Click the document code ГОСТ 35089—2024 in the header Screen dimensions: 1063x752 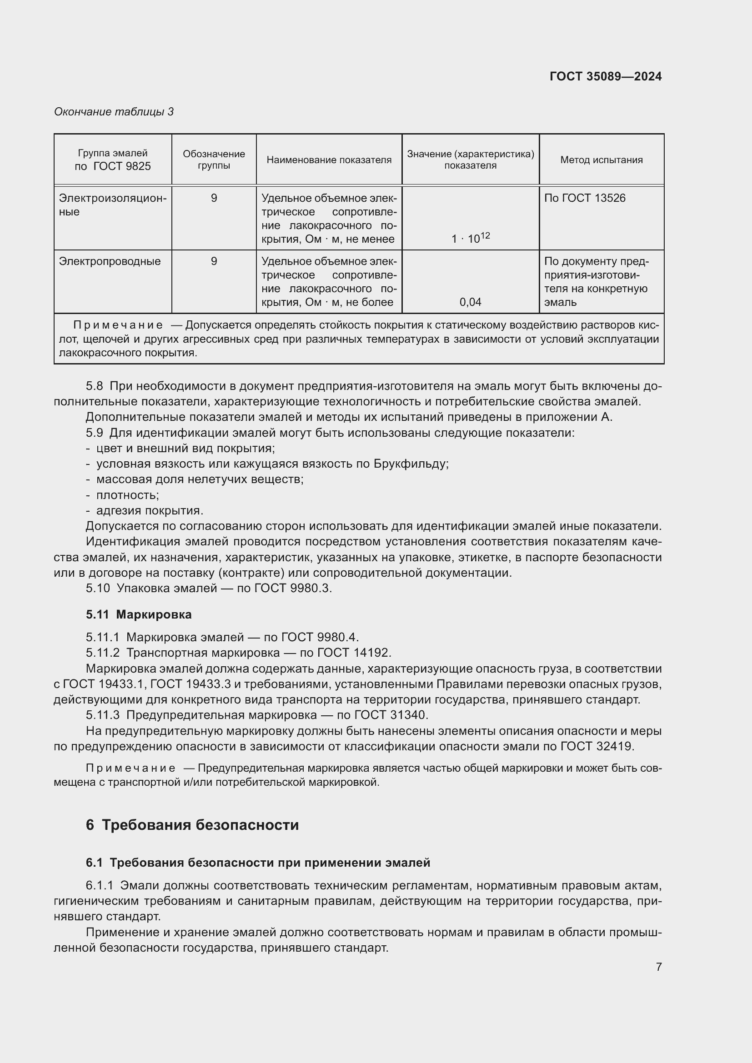pos(605,76)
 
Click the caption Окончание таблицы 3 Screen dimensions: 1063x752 pos(114,112)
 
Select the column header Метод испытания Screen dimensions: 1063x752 pos(601,160)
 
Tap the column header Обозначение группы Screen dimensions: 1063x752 pos(214,160)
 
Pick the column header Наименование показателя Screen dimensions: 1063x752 pos(329,160)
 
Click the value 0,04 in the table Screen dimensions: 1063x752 pos(470,302)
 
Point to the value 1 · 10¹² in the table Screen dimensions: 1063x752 pos(470,239)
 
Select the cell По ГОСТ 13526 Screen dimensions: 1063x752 pos(584,198)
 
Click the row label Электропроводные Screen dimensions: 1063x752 pos(110,261)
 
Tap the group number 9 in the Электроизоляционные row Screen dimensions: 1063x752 pos(214,198)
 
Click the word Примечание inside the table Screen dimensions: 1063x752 pos(118,325)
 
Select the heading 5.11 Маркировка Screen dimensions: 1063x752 pos(139,614)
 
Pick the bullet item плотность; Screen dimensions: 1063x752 pos(127,495)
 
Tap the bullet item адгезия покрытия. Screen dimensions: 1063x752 pos(150,511)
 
